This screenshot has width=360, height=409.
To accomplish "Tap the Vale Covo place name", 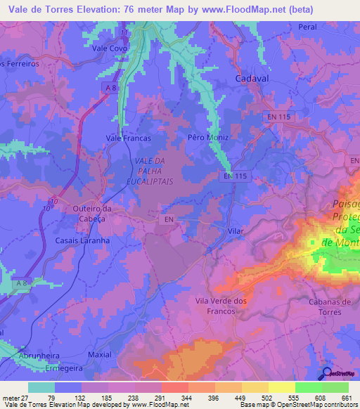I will (x=109, y=48).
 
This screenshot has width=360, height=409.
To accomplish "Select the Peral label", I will (x=308, y=26).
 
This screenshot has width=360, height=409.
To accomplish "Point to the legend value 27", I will (x=25, y=398).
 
